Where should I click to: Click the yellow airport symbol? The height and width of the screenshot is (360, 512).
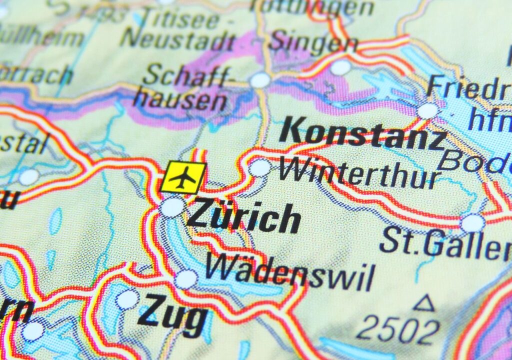183,177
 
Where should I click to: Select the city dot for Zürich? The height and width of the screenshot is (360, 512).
172,207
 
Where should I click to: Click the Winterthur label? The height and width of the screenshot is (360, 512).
359,173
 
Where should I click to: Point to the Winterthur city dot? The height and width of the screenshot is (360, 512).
260,168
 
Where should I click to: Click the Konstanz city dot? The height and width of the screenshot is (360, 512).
427,110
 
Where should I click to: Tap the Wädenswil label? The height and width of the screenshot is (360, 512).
290,272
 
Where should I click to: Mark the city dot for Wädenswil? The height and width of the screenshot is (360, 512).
186,279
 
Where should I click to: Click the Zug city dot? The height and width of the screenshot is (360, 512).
127,299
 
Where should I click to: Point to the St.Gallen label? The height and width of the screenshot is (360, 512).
445,243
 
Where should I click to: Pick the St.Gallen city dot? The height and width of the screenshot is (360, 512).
472,223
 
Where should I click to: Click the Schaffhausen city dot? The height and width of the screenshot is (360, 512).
260,80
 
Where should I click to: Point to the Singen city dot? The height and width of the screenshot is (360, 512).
340,67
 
